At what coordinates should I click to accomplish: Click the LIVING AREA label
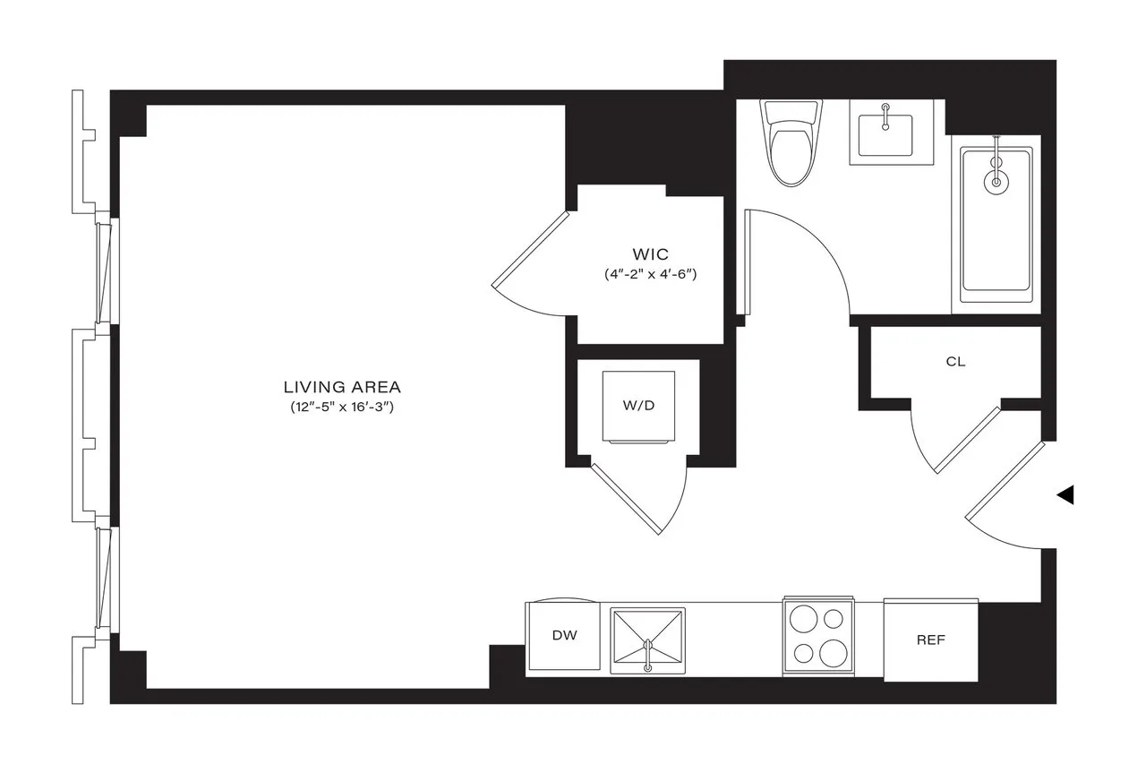point(342,387)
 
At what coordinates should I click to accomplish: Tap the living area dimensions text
point(342,408)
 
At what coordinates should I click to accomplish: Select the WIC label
point(650,254)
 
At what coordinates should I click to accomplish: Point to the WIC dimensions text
point(650,274)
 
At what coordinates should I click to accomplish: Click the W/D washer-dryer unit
point(638,405)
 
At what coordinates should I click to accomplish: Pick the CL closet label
point(955,362)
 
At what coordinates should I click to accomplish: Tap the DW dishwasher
point(564,636)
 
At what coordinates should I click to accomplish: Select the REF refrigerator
point(930,640)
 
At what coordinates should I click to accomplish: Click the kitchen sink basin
point(647,640)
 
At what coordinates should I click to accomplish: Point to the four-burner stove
point(818,636)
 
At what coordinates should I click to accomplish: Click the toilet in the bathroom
point(789,143)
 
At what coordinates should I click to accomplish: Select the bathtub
point(996,224)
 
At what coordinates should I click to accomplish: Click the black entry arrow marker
point(1065,494)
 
